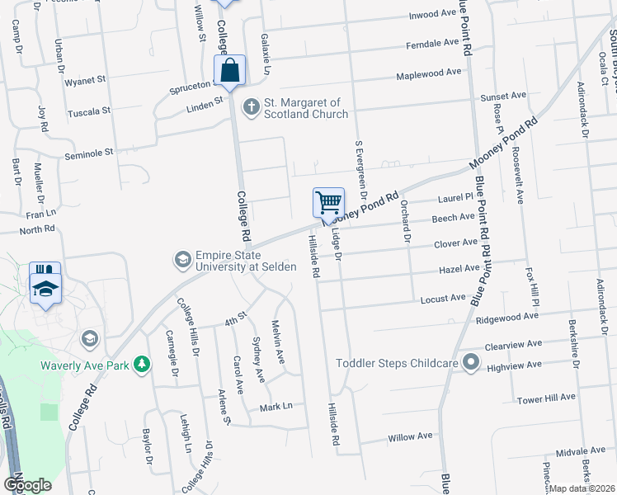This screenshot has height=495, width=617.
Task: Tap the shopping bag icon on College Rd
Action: (231, 70)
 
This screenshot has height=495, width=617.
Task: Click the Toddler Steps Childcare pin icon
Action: (471, 363)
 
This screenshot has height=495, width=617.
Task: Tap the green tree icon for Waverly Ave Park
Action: (142, 363)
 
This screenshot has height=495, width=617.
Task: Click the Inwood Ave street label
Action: (432, 16)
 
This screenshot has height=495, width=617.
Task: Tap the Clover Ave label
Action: (455, 243)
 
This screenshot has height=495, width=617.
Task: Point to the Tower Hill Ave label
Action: (546, 398)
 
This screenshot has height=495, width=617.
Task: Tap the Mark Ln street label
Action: (276, 407)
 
